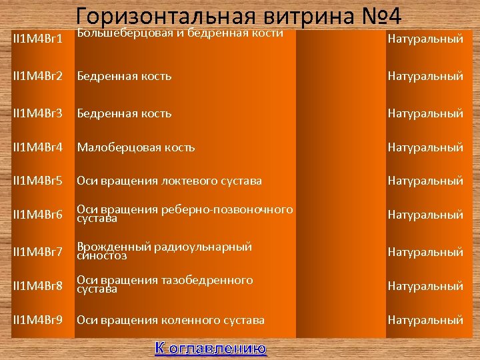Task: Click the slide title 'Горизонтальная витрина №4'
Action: (x=245, y=16)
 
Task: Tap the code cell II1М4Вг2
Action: (x=39, y=76)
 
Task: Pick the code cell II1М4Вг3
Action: (x=39, y=113)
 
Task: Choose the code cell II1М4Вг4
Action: (x=39, y=147)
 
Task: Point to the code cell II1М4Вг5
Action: (x=39, y=181)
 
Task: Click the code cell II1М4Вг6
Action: (x=39, y=215)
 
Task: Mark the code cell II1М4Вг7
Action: (x=39, y=252)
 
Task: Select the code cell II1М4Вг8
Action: (x=39, y=286)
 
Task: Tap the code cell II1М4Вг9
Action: (x=39, y=320)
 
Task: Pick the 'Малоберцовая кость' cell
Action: (x=136, y=147)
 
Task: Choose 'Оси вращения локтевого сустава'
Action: (x=169, y=181)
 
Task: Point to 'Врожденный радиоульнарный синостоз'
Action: (x=164, y=251)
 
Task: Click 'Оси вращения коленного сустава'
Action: (x=171, y=320)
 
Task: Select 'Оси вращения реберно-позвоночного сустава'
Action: (x=185, y=213)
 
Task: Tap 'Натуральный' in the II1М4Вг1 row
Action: (x=425, y=39)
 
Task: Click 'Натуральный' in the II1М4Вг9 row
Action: (x=425, y=320)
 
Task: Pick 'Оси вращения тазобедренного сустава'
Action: (x=165, y=285)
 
